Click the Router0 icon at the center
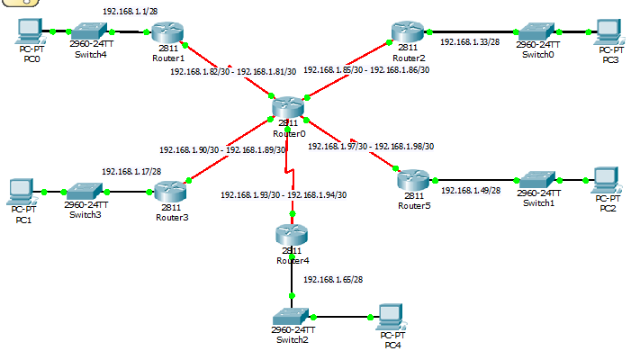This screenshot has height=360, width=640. pos(288,107)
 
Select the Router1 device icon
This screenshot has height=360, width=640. pos(167,32)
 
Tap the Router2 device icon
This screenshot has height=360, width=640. pos(408,31)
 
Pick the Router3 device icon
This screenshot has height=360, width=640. pos(170,192)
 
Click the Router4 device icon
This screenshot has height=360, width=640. pos(292,235)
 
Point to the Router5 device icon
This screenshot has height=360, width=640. pos(413,180)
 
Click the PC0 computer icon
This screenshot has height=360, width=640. pos(31,31)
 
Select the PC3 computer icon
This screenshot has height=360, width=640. pos(609,31)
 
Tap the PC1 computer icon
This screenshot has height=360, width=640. pos(22,192)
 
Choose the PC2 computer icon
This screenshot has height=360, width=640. pos(607,180)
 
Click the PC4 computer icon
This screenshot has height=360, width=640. pos(392,317)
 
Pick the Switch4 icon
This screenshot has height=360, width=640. pos(90,31)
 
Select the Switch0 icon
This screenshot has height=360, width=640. pos(536,31)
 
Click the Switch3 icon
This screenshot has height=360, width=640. pos(85,192)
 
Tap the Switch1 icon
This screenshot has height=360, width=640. pos(538,180)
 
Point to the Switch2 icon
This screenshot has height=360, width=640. pos(291,317)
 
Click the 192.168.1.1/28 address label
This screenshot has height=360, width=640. pos(131,12)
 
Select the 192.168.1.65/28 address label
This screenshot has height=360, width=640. pos(333,280)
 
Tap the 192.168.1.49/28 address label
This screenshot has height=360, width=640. pos(471,190)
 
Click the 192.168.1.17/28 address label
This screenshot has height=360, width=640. pos(131,171)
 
